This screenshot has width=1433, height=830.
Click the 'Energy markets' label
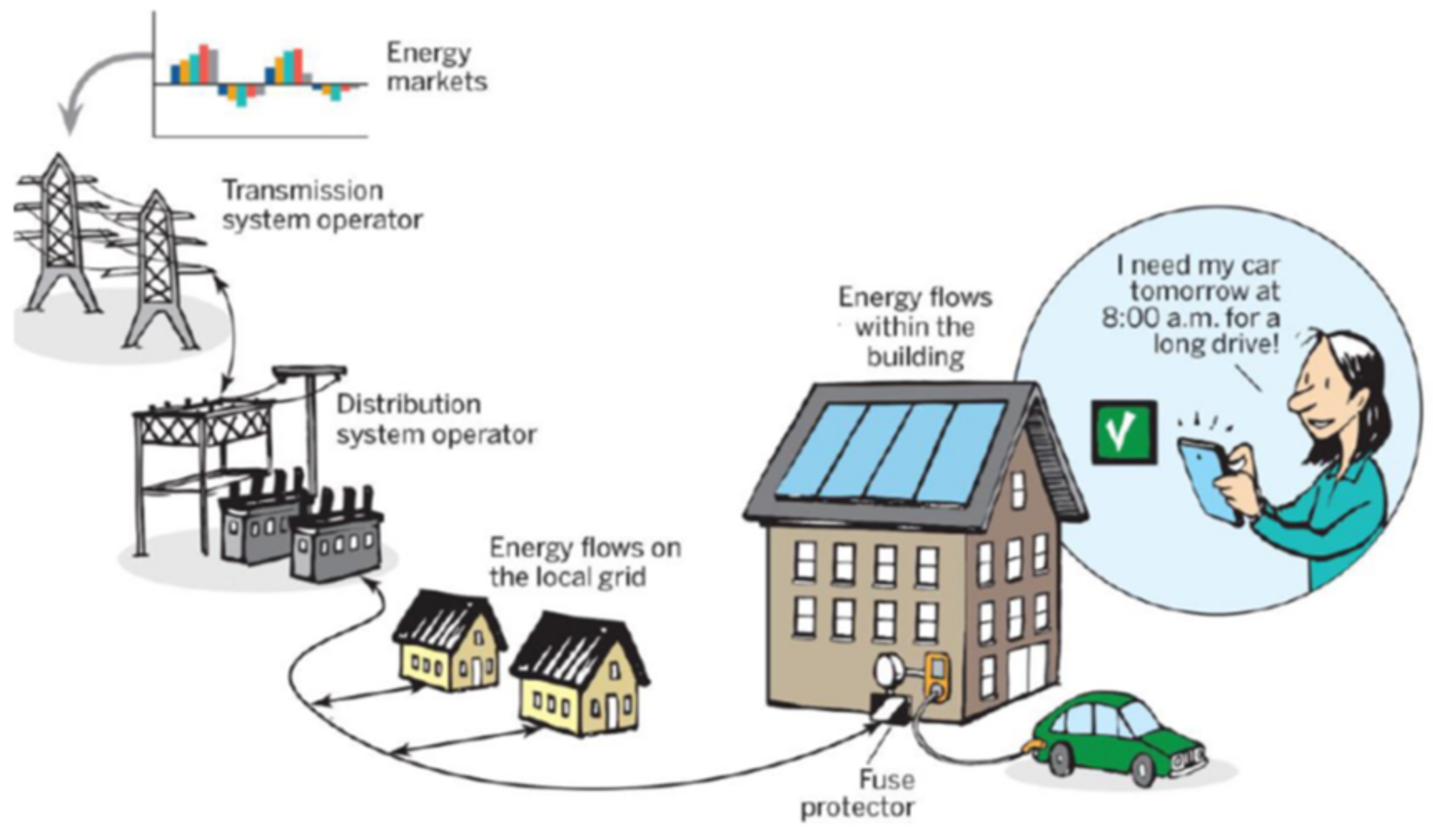pyautogui.click(x=436, y=67)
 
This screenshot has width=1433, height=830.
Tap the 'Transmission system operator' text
pyautogui.click(x=321, y=205)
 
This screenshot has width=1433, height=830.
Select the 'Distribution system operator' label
pyautogui.click(x=435, y=420)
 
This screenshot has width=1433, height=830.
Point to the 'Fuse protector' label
pyautogui.click(x=858, y=793)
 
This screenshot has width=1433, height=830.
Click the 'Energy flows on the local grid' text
pyautogui.click(x=584, y=562)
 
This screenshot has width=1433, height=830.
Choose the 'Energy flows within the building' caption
pyautogui.click(x=915, y=326)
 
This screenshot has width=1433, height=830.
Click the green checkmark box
pyautogui.click(x=1123, y=432)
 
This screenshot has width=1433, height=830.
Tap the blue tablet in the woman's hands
pyautogui.click(x=1207, y=479)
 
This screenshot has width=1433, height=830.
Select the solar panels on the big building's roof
pyautogui.click(x=893, y=450)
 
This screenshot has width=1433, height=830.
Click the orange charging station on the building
pyautogui.click(x=938, y=677)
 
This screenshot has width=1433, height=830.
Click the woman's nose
pyautogui.click(x=1298, y=401)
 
